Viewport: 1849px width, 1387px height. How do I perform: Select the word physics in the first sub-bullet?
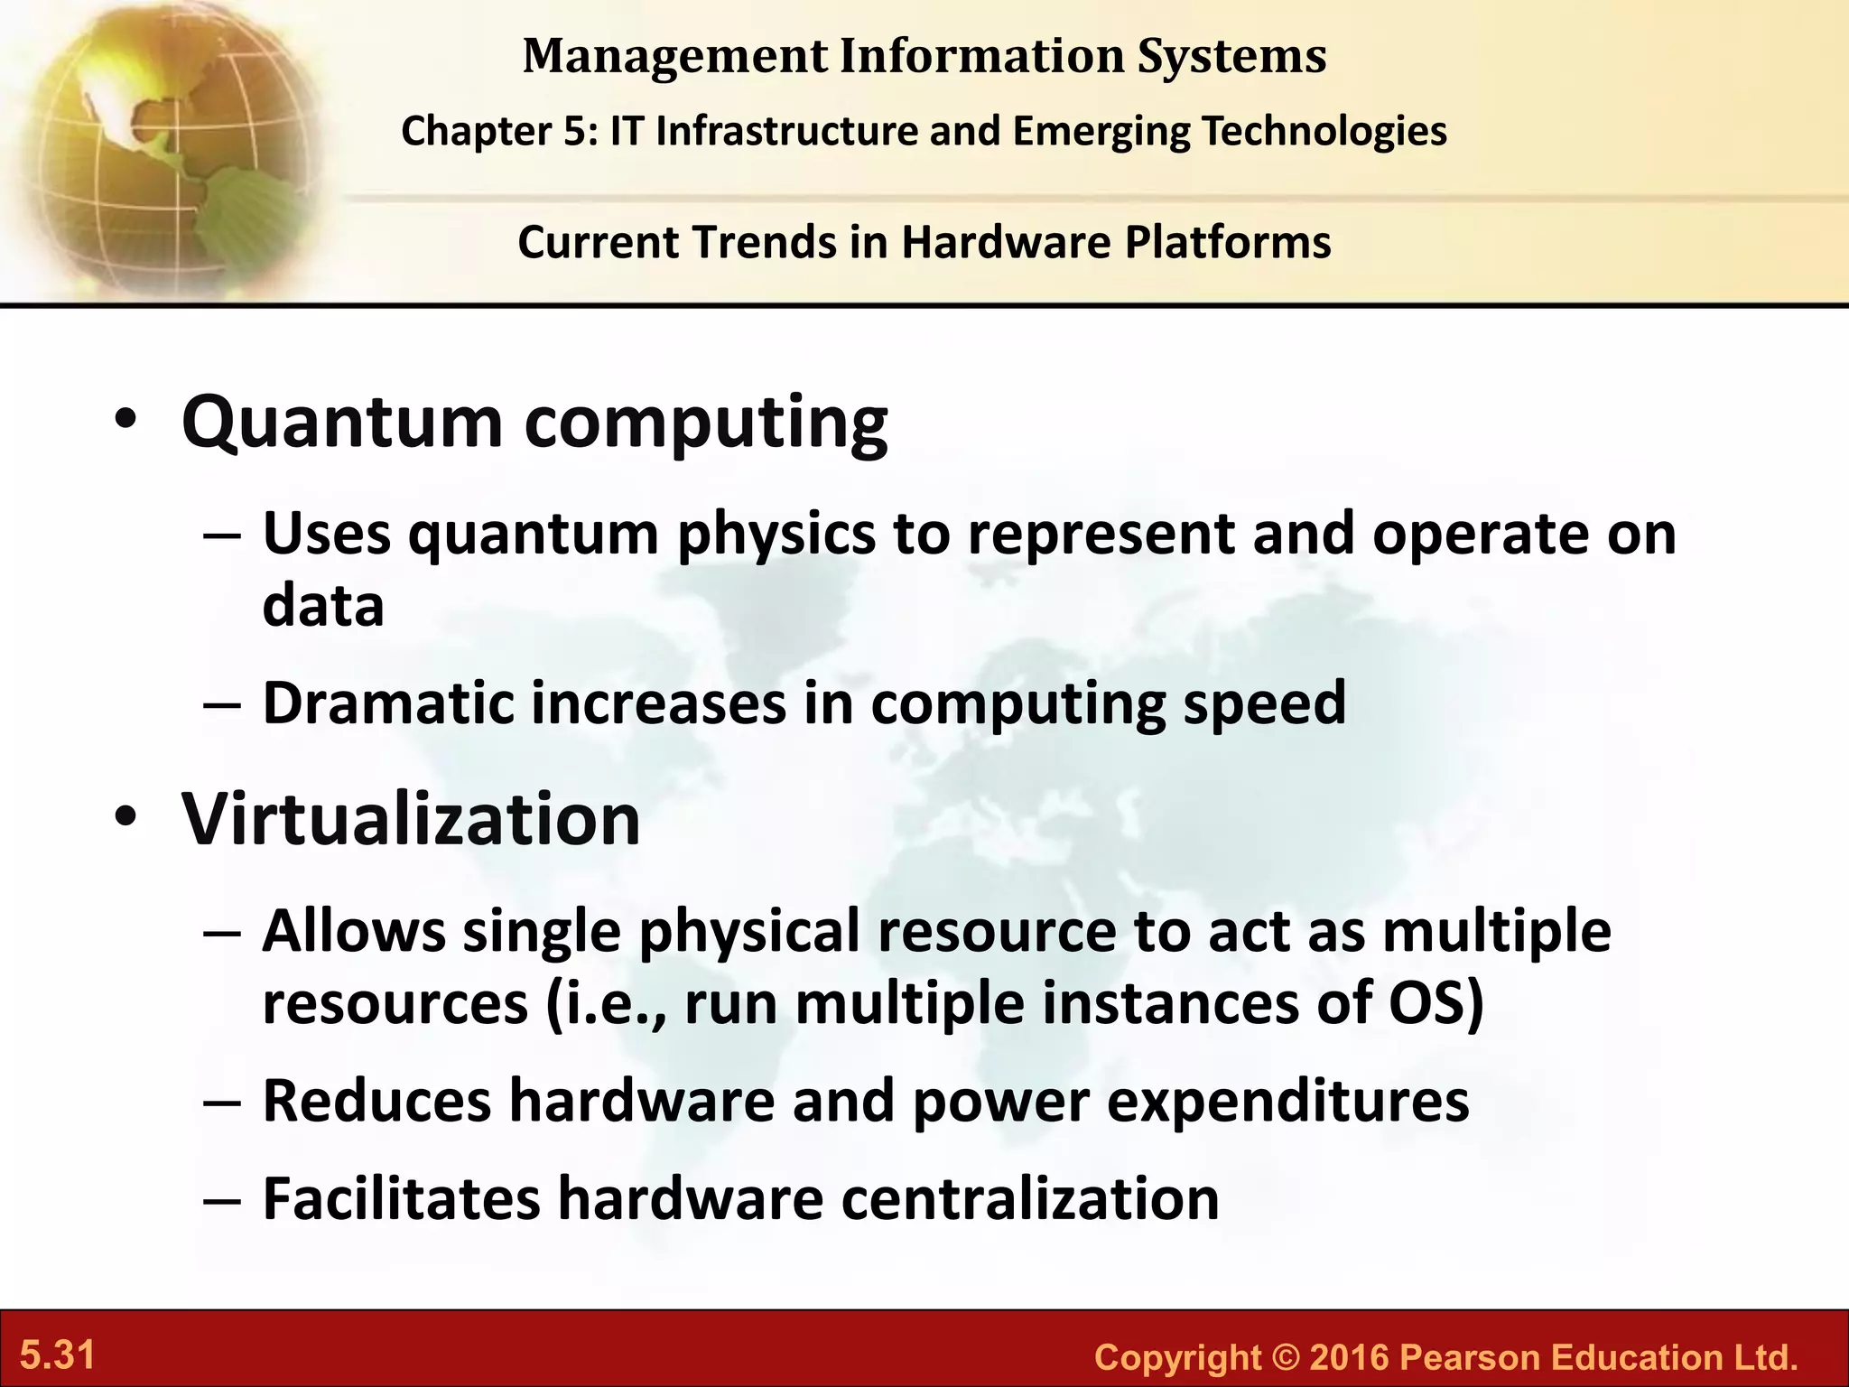776,535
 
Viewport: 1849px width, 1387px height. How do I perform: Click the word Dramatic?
388,703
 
